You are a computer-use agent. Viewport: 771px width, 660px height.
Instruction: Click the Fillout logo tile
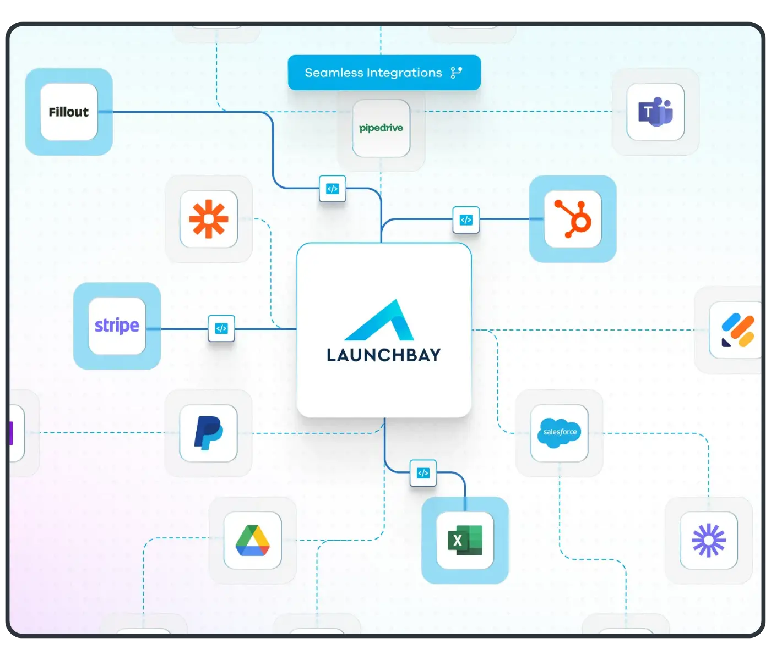(69, 112)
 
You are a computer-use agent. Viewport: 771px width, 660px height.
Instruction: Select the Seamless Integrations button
(384, 73)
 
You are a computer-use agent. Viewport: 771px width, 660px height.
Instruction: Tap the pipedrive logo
(381, 128)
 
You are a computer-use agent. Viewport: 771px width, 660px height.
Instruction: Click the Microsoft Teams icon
(655, 112)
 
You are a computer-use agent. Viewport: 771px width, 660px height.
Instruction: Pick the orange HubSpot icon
(573, 219)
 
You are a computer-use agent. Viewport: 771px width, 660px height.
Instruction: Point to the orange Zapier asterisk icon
(209, 219)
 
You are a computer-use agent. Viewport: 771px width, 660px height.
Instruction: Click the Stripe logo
(117, 326)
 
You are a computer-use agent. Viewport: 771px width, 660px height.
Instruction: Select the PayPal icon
(209, 433)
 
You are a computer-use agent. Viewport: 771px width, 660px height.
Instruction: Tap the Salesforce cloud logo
(560, 433)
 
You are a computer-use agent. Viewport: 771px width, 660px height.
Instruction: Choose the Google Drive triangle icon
(253, 541)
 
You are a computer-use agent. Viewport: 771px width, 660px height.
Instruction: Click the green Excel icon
(465, 541)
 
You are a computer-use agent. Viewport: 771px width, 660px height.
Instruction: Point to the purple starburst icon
(709, 541)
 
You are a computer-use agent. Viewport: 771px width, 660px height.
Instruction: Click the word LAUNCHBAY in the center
(384, 355)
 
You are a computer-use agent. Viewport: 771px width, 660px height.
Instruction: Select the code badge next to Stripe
(221, 328)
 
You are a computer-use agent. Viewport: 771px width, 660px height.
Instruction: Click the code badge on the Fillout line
(333, 189)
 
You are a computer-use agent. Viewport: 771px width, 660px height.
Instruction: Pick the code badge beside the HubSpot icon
(466, 220)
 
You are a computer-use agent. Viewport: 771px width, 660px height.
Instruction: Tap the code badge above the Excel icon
(423, 473)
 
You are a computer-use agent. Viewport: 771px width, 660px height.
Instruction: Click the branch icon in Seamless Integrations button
(457, 73)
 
